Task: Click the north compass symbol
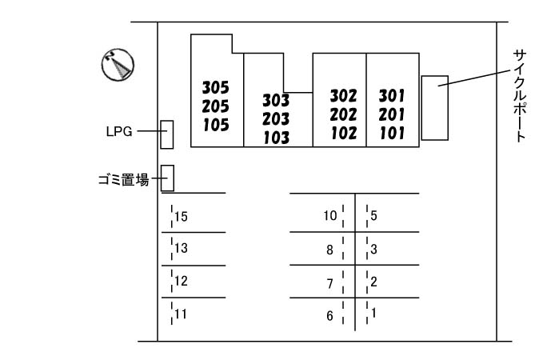click(118, 65)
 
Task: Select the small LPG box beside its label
click(166, 134)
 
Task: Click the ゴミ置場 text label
click(120, 180)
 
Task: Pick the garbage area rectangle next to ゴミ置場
click(167, 178)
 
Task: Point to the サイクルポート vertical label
click(519, 94)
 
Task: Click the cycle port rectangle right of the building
click(434, 108)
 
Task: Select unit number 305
click(215, 86)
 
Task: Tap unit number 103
click(276, 137)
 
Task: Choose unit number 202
click(343, 114)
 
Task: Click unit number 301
click(392, 96)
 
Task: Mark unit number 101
click(392, 133)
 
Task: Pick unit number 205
click(215, 106)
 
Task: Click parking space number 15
click(181, 216)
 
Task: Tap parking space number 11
click(181, 314)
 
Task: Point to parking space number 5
click(373, 215)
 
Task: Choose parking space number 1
click(373, 313)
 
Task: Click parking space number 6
click(329, 316)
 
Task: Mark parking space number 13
click(181, 248)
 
